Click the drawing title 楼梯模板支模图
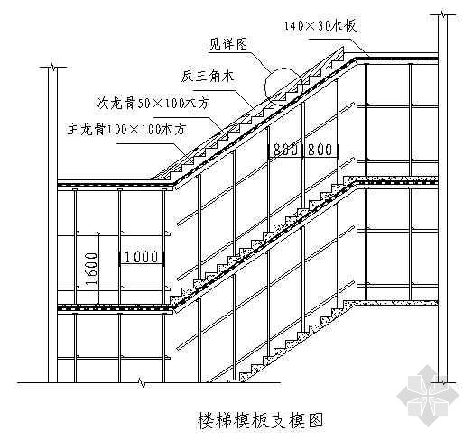click(x=260, y=420)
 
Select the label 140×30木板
click(x=320, y=26)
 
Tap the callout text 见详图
click(x=228, y=45)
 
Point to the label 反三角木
click(x=208, y=76)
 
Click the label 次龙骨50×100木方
click(x=153, y=104)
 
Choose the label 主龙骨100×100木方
click(x=126, y=130)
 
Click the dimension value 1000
click(x=141, y=257)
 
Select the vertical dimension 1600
click(x=92, y=269)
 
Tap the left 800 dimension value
click(x=285, y=150)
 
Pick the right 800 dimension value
click(x=320, y=150)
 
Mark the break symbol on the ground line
click(x=142, y=382)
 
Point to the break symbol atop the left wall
click(x=53, y=67)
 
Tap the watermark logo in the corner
click(x=429, y=396)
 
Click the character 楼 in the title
click(x=206, y=420)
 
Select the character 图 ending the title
click(x=315, y=420)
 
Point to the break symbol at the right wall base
click(x=443, y=382)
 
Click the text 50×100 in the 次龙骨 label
click(x=157, y=104)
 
